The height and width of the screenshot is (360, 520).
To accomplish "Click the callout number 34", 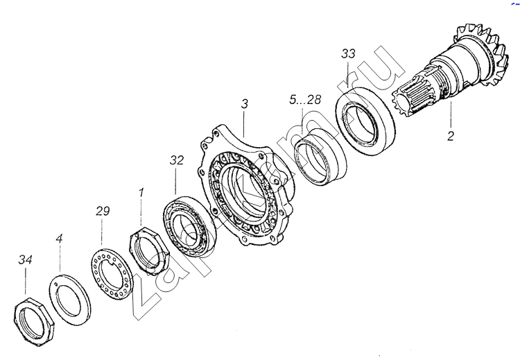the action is pos(25,260).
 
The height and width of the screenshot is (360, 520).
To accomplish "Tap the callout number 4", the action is pos(59,238).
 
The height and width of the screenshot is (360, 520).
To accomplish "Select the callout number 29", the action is pos(103,211).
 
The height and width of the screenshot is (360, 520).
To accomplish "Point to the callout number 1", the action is pos(141,192).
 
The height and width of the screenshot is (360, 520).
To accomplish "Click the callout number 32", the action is pos(176,160).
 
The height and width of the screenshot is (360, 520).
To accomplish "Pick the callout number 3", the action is pos(245,104).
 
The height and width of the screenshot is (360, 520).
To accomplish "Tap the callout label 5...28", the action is pos(305,100).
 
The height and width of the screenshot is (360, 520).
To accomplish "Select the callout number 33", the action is pos(348,53).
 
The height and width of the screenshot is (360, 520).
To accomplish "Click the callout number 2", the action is pos(451,136).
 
